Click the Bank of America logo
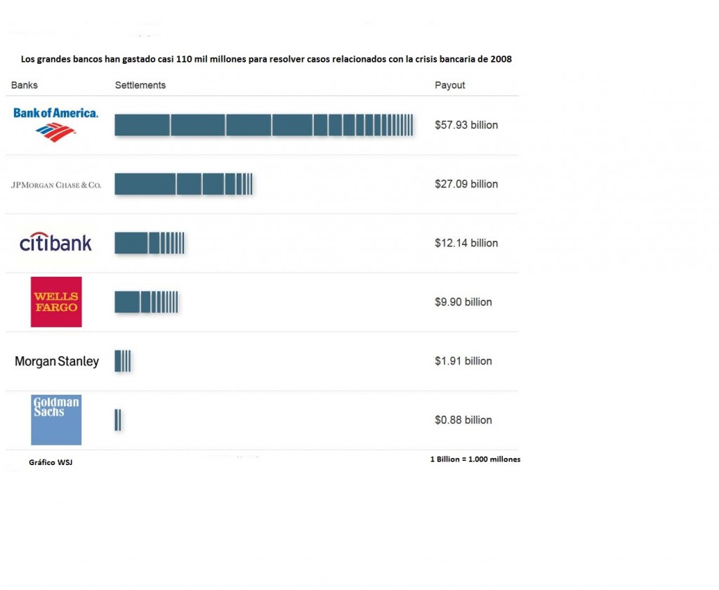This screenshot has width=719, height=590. (x=55, y=123)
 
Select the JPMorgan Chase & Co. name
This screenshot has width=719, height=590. (x=56, y=185)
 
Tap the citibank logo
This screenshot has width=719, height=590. (x=55, y=243)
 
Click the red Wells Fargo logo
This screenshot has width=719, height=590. (x=56, y=302)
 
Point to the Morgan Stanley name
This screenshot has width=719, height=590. (x=57, y=362)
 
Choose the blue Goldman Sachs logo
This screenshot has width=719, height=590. (x=56, y=419)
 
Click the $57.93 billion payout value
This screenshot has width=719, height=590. (x=466, y=125)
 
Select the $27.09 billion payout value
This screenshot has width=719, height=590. (x=466, y=184)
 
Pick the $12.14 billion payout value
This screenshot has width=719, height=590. (x=466, y=243)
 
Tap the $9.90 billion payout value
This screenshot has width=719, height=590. (x=463, y=302)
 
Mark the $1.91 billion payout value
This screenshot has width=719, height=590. (x=463, y=361)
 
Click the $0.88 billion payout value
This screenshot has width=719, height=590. (x=463, y=420)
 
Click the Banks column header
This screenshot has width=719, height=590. (x=25, y=85)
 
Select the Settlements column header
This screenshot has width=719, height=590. (x=140, y=85)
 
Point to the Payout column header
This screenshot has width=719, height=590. (x=450, y=85)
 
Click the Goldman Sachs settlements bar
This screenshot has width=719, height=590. (x=118, y=420)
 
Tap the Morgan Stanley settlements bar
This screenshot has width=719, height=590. (x=123, y=361)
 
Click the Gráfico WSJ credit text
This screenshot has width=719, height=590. (x=50, y=463)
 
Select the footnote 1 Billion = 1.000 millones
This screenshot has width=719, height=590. (x=475, y=459)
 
